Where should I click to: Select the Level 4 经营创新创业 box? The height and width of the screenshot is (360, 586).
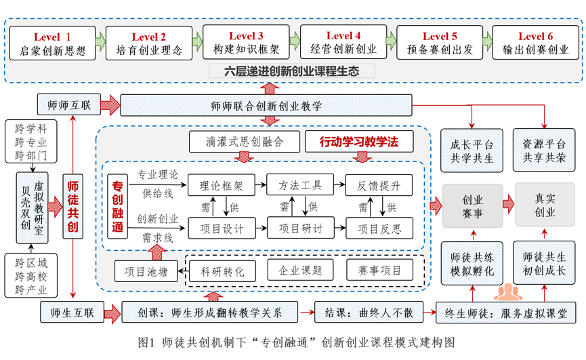(343, 42)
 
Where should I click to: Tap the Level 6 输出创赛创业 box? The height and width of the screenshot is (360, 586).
(536, 42)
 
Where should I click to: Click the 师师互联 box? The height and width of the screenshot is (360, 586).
(66, 105)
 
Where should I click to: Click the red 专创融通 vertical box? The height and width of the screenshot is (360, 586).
(118, 206)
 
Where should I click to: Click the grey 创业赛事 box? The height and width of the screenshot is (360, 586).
(472, 205)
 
